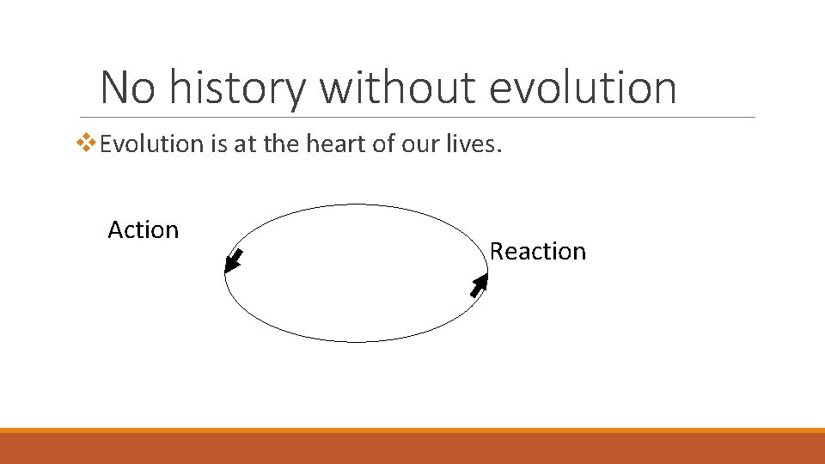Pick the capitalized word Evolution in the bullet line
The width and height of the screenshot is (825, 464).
(x=150, y=143)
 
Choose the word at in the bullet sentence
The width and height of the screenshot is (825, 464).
(x=245, y=143)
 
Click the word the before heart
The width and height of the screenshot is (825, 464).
(x=279, y=143)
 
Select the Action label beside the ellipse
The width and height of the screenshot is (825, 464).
(x=143, y=229)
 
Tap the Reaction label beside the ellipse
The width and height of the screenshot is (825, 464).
(x=537, y=251)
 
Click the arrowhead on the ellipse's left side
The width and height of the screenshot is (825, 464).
(x=232, y=261)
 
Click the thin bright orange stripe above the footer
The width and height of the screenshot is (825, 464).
(x=412, y=430)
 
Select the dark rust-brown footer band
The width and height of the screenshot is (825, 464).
(x=412, y=449)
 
